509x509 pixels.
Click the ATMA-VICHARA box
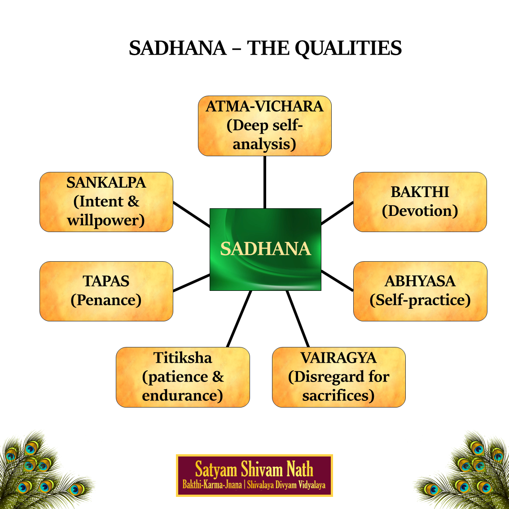[264, 126]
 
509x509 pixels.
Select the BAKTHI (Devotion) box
[420, 202]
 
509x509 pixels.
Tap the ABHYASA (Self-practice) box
[420, 291]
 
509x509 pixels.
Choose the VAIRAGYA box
[338, 377]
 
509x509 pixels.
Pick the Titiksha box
[183, 377]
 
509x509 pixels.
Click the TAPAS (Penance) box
[106, 291]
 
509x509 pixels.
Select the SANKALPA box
[106, 202]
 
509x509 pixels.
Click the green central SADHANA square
[265, 249]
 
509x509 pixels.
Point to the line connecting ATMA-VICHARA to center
[265, 182]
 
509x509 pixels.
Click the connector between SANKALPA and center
[191, 214]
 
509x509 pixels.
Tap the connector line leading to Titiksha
[239, 319]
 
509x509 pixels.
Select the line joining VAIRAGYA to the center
[298, 319]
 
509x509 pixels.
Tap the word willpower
[105, 220]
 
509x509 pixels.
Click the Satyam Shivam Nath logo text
[254, 470]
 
